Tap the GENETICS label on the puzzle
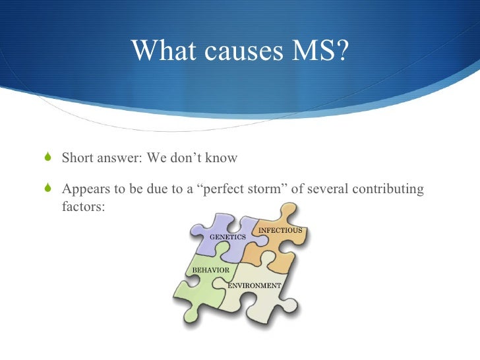227,236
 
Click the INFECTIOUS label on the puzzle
280,230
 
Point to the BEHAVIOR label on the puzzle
210,270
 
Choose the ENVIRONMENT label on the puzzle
255,285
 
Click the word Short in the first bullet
78,158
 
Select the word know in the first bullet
222,158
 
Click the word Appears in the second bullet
86,189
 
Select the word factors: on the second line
83,206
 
